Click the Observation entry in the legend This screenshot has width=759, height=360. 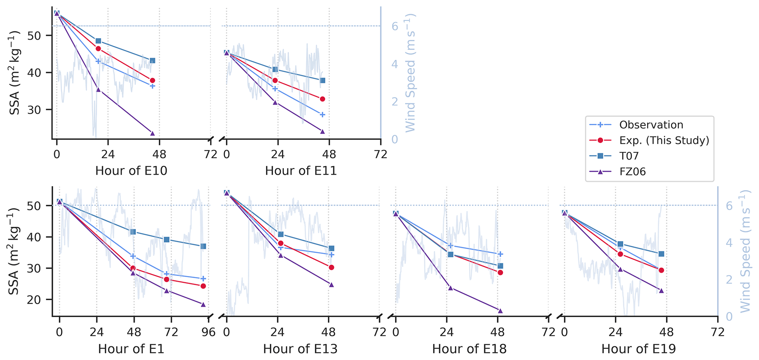651,125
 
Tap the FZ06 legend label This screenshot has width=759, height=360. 632,171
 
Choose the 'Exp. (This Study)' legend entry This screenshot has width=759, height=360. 664,141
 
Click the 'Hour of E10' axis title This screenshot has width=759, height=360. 131,171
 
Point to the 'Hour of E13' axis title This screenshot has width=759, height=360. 300,349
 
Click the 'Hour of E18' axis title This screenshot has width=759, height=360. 469,349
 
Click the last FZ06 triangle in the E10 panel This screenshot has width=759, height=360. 152,133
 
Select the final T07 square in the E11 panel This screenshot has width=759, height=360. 322,80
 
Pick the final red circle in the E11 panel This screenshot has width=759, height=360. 322,99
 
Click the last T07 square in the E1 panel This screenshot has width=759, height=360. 203,246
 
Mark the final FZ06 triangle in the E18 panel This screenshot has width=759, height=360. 500,310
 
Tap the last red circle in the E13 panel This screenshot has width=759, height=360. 331,268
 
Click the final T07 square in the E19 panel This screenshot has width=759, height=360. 661,254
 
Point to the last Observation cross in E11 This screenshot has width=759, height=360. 322,114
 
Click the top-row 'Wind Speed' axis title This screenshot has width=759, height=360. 410,73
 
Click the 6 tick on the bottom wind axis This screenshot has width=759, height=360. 729,206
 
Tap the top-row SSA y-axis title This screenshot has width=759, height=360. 15,73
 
